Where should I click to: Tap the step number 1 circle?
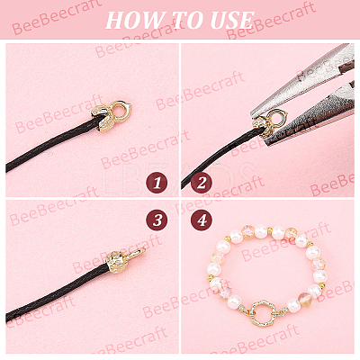tap(157, 183)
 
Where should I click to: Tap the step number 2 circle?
tap(202, 183)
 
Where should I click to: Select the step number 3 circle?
tap(157, 220)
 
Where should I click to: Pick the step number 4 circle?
tap(202, 220)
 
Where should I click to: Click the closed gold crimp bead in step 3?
tap(116, 262)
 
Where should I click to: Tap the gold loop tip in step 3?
tap(137, 253)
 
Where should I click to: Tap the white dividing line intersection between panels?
tap(180, 198)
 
